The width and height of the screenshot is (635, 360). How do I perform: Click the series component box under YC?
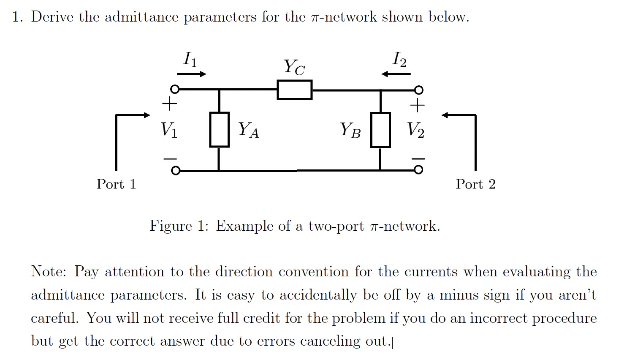[x=294, y=90]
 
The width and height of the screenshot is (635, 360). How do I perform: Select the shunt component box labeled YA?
[x=219, y=130]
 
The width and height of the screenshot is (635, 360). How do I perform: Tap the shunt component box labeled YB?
[x=380, y=130]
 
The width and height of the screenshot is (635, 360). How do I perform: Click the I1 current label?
[x=190, y=59]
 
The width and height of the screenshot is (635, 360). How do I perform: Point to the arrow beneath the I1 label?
[x=191, y=74]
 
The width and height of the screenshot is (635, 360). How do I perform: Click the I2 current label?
[x=399, y=59]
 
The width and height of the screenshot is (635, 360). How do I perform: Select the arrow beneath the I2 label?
[x=396, y=74]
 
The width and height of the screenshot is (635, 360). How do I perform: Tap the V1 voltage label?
[x=169, y=129]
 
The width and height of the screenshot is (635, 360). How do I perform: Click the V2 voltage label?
[x=415, y=129]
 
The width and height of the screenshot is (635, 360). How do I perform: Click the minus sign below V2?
[x=418, y=159]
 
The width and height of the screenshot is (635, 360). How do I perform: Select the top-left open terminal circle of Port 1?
[x=175, y=90]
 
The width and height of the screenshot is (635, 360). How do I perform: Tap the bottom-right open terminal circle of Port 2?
[x=418, y=170]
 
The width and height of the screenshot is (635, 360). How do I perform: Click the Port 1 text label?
[x=116, y=184]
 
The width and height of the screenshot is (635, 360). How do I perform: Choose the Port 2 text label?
[x=475, y=184]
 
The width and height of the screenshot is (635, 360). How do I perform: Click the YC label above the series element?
[x=294, y=67]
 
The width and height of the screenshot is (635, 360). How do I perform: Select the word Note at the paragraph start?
[x=48, y=271]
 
